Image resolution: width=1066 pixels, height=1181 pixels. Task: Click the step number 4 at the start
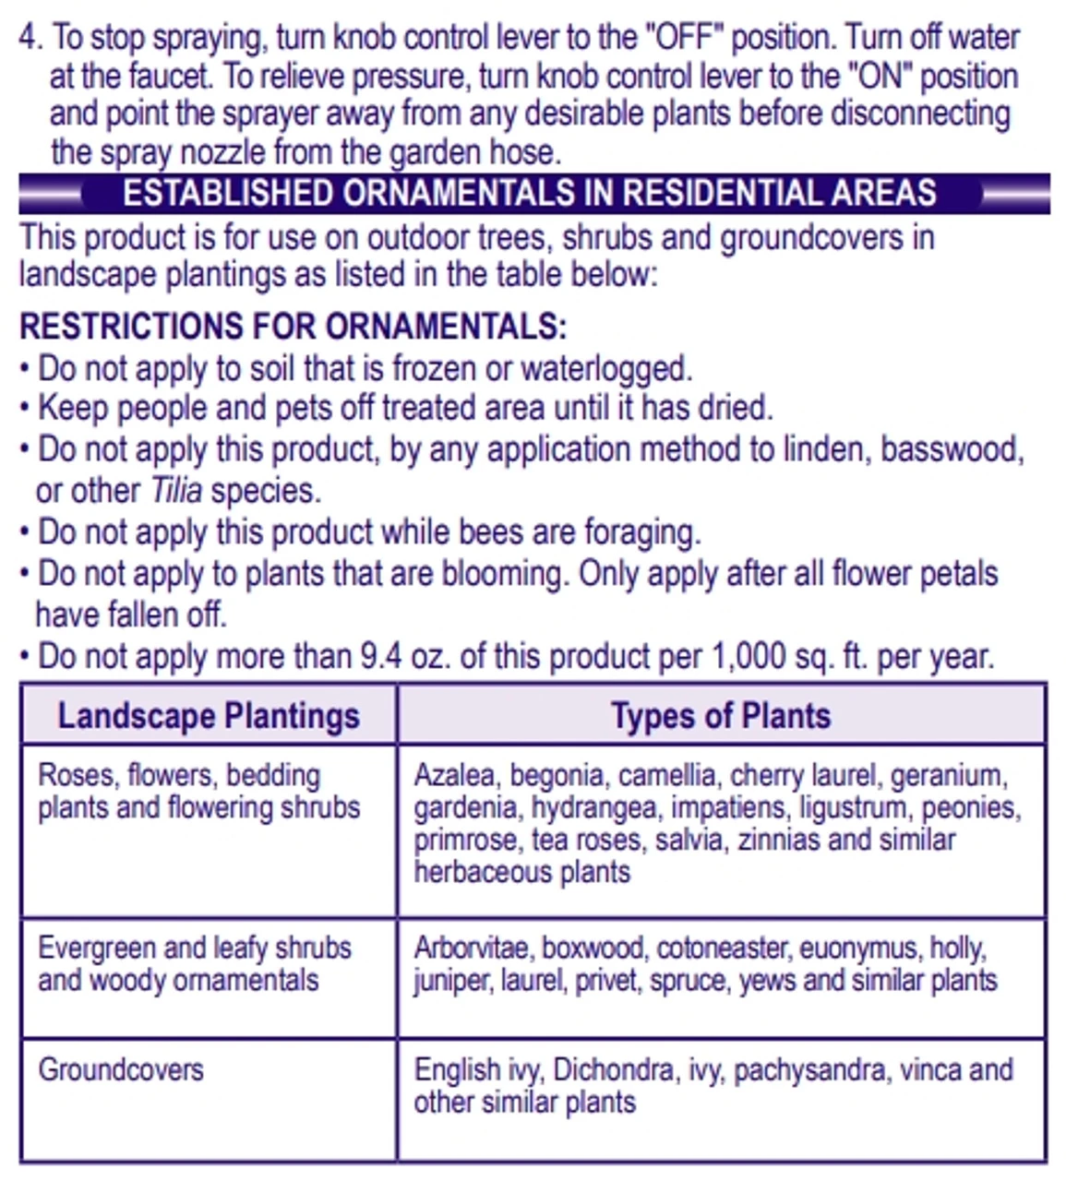pyautogui.click(x=30, y=38)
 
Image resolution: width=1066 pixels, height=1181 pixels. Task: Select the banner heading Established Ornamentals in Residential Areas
pyautogui.click(x=529, y=193)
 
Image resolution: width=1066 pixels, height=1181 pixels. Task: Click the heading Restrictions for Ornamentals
pyautogui.click(x=293, y=326)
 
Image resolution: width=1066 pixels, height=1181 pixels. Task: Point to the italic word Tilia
pyautogui.click(x=175, y=491)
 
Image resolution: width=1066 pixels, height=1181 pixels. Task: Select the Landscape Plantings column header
pyautogui.click(x=209, y=716)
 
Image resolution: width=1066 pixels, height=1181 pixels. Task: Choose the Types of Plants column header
pyautogui.click(x=721, y=716)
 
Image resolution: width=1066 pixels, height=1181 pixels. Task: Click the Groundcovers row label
pyautogui.click(x=121, y=1070)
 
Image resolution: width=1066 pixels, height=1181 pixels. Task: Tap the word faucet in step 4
pyautogui.click(x=165, y=77)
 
